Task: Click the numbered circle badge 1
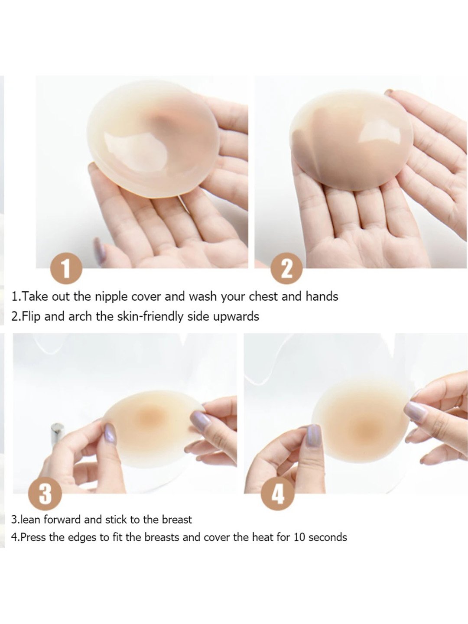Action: click(66, 269)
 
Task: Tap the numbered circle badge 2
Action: click(286, 269)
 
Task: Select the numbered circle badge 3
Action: click(45, 494)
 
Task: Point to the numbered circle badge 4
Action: click(277, 494)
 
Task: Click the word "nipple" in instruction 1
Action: click(111, 297)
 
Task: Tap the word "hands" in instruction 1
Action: click(322, 296)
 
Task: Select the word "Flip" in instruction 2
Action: click(31, 316)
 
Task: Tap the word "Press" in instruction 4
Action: click(33, 537)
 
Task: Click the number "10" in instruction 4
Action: click(299, 537)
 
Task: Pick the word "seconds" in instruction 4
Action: click(328, 537)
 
